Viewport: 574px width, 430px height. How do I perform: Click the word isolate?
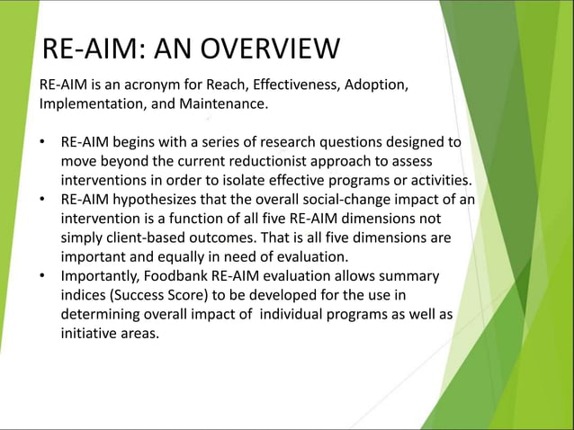(x=261, y=180)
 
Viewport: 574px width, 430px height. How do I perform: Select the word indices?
(x=84, y=294)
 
